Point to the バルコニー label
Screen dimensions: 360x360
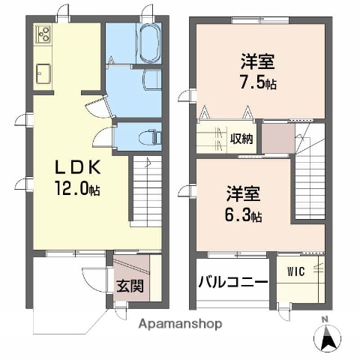(x=232, y=283)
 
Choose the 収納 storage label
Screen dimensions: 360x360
(x=241, y=139)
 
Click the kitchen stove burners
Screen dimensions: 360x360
(x=43, y=34)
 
